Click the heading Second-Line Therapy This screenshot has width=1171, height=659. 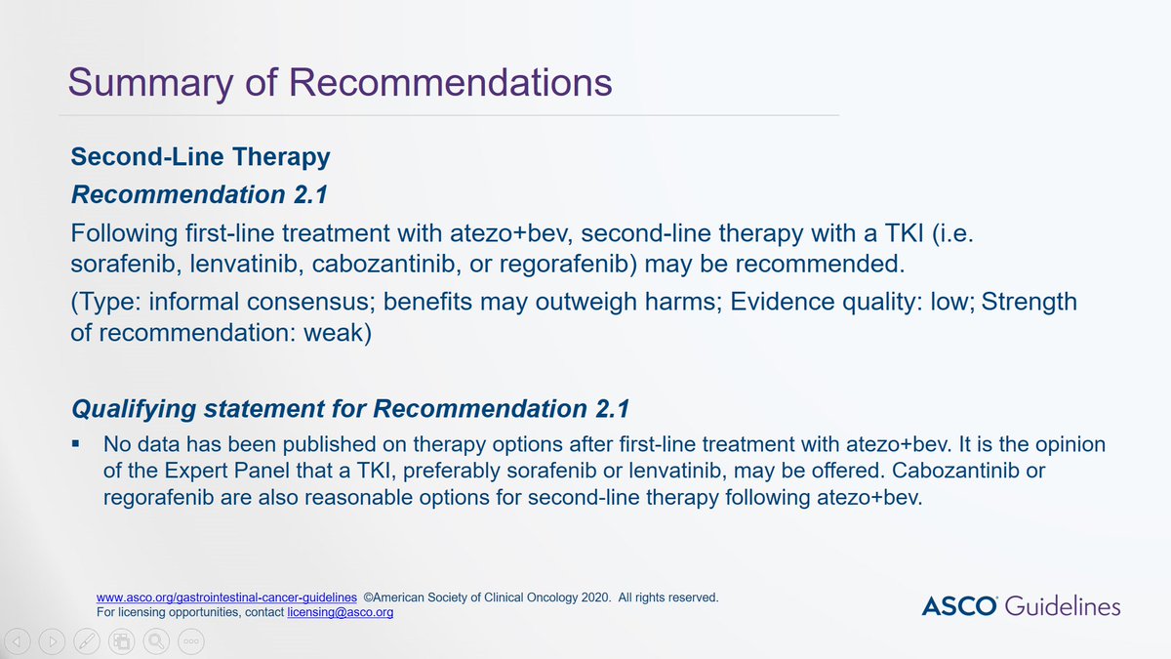200,156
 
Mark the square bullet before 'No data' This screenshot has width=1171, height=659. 75,444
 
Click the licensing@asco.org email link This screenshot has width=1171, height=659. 340,613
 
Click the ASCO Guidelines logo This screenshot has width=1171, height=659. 1021,605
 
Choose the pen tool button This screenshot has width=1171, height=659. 87,641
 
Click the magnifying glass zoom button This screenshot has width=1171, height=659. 155,641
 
